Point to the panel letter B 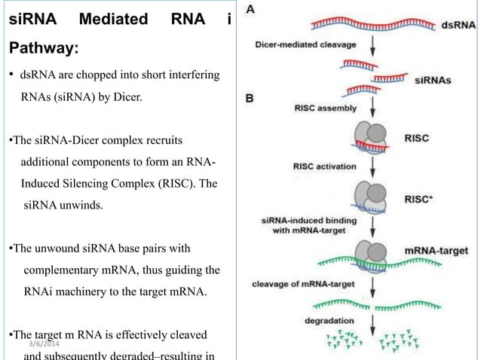tap(250, 97)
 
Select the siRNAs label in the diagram tap(433, 84)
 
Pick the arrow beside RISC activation tap(374, 165)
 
